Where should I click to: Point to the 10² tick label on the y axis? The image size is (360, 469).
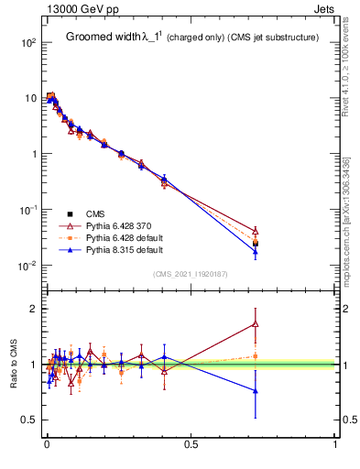(x=28, y=43)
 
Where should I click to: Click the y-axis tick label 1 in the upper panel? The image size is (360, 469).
(x=34, y=154)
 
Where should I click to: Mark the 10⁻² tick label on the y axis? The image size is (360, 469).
(x=28, y=266)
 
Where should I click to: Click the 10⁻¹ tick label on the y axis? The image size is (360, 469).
(x=28, y=210)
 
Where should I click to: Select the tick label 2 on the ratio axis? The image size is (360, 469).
(x=34, y=309)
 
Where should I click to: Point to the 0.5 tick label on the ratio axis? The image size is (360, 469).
(x=29, y=420)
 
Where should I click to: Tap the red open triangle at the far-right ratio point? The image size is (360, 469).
(x=256, y=323)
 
